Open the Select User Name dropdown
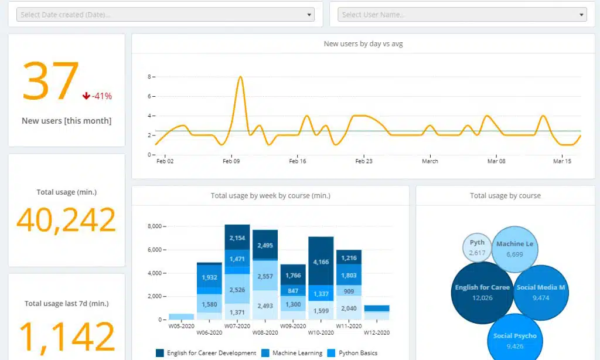coord(462,15)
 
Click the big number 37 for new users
coord(50,82)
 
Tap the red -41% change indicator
coord(97,96)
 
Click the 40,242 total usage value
coord(66,220)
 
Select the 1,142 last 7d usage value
coord(66,337)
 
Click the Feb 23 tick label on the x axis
coord(364,161)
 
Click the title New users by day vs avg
coord(363,44)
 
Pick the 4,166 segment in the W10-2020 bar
coord(321,261)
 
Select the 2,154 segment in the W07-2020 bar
coord(237,238)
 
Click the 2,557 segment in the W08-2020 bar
coord(265,276)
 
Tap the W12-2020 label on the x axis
coord(377,332)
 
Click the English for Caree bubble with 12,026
coord(482,293)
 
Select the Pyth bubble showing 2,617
coord(477,247)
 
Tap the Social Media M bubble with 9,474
coord(541,293)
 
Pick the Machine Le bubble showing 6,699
coord(514,249)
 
